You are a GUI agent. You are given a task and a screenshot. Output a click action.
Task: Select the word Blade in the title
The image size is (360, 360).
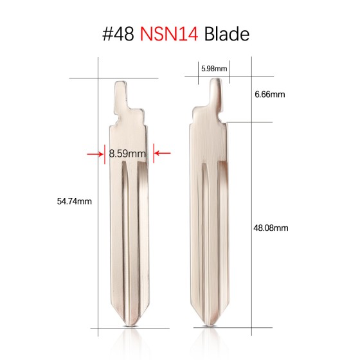226,33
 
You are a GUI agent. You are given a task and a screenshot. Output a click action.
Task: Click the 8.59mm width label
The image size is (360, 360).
127,154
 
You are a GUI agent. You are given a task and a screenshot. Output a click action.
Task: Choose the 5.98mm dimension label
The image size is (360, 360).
213,67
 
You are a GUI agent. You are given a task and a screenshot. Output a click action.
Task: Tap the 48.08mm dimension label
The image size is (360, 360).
269,227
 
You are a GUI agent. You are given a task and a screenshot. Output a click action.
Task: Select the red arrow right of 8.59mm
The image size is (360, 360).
161,153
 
